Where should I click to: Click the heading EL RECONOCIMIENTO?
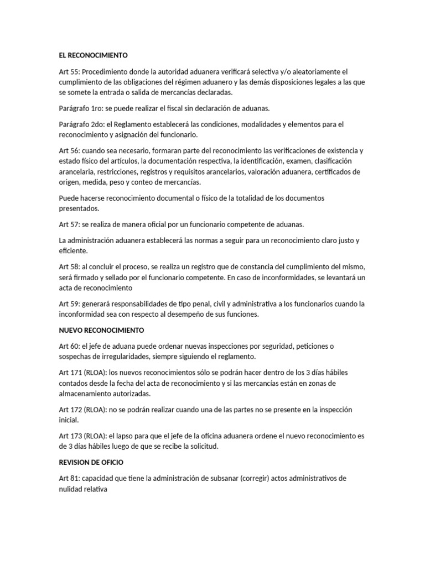pyautogui.click(x=94, y=56)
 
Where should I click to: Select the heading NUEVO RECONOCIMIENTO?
pyautogui.click(x=101, y=331)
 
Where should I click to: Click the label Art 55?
pyautogui.click(x=70, y=72)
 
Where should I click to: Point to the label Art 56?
pyautogui.click(x=70, y=151)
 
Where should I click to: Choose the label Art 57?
pyautogui.click(x=70, y=224)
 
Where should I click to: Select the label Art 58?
pyautogui.click(x=70, y=266)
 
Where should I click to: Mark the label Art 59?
pyautogui.click(x=70, y=304)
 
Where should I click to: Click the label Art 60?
pyautogui.click(x=70, y=346)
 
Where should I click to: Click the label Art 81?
pyautogui.click(x=70, y=478)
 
